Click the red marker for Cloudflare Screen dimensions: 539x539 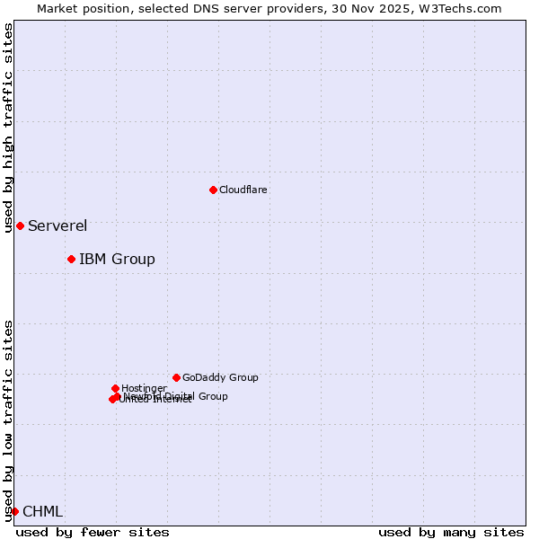213,190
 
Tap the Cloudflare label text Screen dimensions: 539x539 243,190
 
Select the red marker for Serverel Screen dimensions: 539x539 20,225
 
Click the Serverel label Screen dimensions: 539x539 57,226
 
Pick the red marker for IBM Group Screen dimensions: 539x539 71,260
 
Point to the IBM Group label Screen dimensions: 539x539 117,260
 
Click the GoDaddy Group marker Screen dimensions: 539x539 176,378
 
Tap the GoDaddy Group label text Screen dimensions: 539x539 220,378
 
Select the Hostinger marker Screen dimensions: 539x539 115,388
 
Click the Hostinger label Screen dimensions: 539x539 144,389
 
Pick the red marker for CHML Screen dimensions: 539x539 14,511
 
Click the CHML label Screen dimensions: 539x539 42,512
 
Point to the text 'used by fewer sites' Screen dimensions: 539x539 93,533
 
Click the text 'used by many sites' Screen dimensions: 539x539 451,533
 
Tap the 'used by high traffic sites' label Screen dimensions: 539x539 8,128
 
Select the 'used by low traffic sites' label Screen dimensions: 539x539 8,420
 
